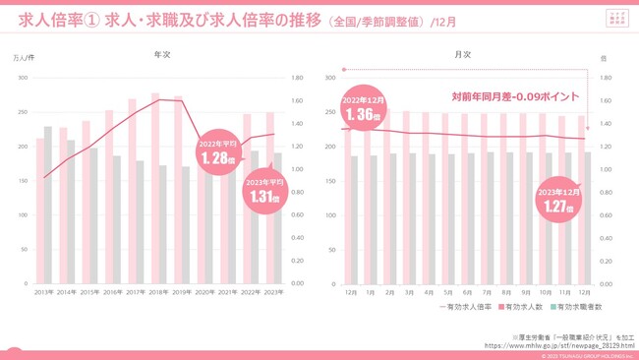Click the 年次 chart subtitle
click(162, 55)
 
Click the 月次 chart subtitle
click(463, 55)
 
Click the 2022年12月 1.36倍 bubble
click(364, 108)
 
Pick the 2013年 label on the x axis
click(44, 292)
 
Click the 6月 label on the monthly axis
click(466, 292)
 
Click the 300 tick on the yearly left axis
click(25, 78)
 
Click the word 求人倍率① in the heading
click(58, 20)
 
